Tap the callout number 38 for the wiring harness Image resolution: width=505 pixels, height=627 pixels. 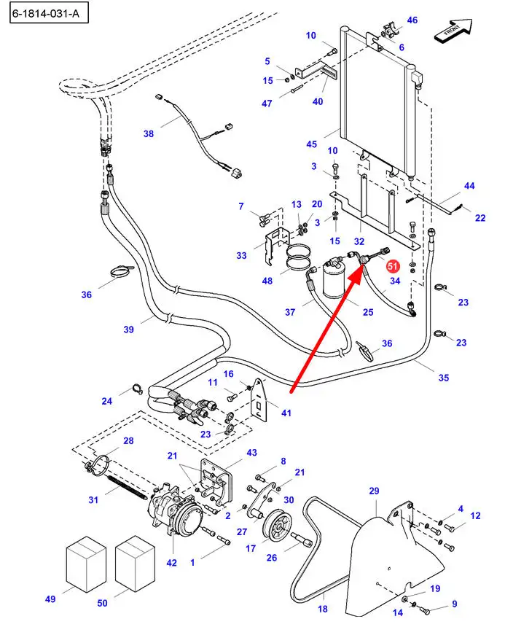149,133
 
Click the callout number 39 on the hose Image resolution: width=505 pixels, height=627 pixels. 129,330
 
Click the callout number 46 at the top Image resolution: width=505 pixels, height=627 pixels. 412,20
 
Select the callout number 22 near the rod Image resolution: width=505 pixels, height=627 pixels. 480,217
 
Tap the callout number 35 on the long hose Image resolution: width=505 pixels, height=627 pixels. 444,378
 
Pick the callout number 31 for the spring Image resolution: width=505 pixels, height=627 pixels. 93,499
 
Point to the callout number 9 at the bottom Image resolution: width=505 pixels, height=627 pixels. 454,604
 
